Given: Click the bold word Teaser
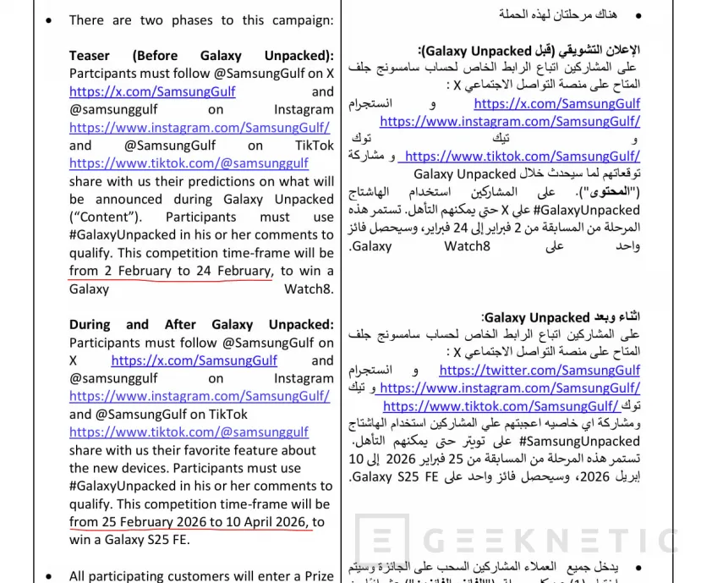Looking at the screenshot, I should [x=90, y=55].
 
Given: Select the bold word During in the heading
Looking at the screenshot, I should [x=91, y=324].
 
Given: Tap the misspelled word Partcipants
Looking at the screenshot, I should [x=103, y=74].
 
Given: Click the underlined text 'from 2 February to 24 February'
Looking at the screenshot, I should [x=170, y=271].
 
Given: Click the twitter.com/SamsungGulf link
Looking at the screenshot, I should [x=539, y=370].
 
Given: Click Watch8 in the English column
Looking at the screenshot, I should [x=309, y=289].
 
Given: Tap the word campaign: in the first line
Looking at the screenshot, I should [x=297, y=19].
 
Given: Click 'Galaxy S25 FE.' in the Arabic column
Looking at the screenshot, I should [x=390, y=477].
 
